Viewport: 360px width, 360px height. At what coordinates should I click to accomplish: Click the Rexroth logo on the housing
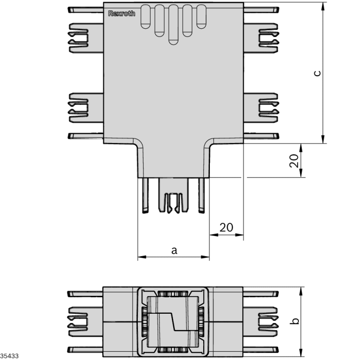click(x=121, y=13)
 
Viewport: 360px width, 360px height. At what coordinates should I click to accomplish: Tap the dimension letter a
click(x=174, y=250)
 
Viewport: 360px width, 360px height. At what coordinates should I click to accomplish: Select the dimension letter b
click(x=295, y=321)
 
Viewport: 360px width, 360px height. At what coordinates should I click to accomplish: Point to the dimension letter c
click(x=317, y=73)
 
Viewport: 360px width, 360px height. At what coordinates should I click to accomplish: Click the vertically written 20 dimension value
click(x=294, y=161)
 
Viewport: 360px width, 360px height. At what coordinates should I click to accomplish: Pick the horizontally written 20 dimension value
click(x=226, y=227)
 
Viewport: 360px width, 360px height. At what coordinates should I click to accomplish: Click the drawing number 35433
click(x=9, y=355)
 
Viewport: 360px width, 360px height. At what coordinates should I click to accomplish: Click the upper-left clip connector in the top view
click(x=78, y=37)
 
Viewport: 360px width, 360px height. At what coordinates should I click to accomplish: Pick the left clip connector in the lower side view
click(x=78, y=321)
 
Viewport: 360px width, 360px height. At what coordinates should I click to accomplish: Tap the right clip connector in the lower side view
click(x=268, y=321)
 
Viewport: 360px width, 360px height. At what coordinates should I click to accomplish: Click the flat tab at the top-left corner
click(x=85, y=10)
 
